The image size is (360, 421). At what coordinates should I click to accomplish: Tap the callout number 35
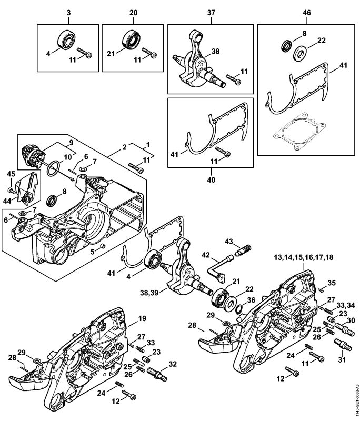pos(331,283)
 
